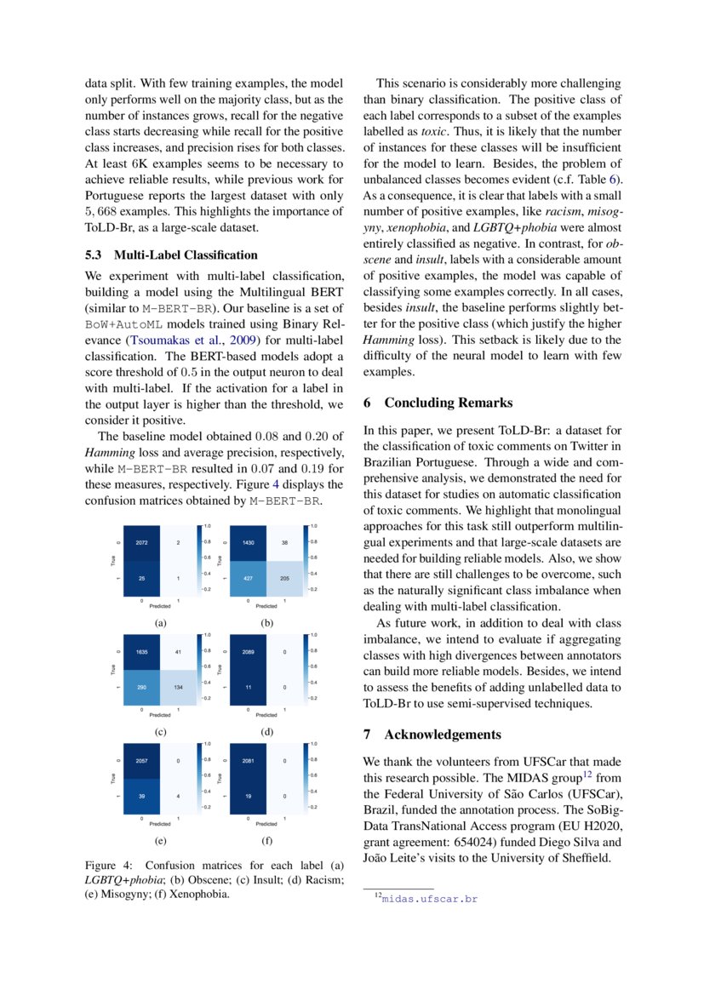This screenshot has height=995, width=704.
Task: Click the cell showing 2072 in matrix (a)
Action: click(142, 542)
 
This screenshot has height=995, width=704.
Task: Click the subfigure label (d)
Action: click(266, 731)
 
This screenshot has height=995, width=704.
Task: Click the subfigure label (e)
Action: click(160, 840)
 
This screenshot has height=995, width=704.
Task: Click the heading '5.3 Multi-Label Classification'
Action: click(171, 254)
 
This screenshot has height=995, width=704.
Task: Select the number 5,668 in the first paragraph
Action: click(103, 212)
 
